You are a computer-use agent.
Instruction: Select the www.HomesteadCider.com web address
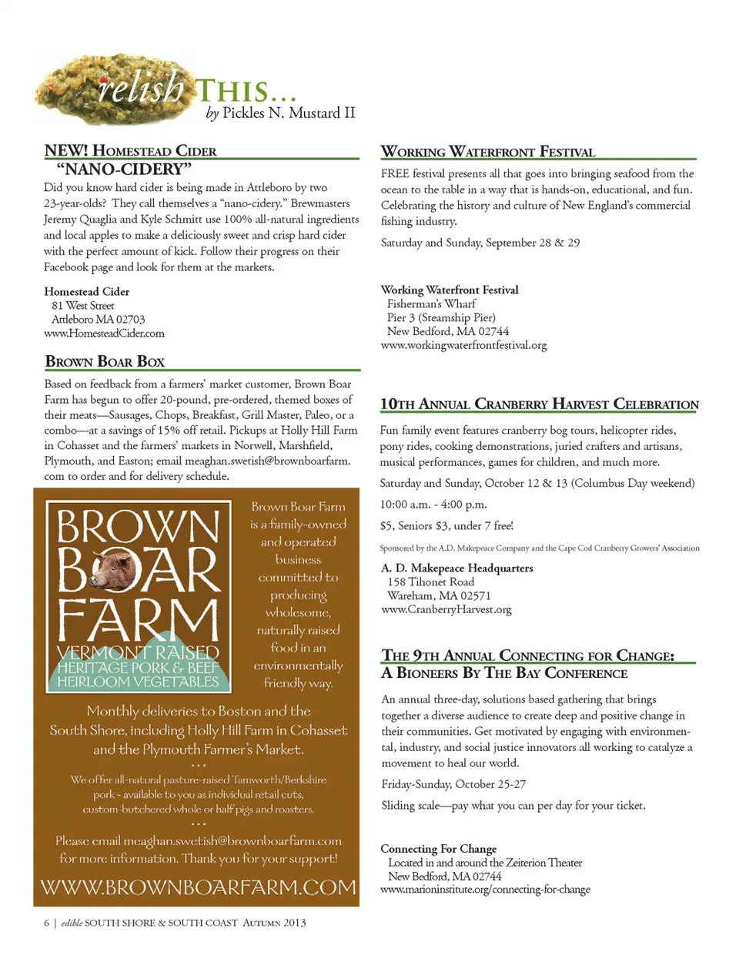104,334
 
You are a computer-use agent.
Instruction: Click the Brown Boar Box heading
105,361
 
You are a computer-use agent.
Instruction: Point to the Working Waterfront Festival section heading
488,152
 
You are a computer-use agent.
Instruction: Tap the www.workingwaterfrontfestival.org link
463,345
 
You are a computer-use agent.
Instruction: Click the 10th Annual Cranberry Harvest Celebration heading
539,404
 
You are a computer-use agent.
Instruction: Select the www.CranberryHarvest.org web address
446,609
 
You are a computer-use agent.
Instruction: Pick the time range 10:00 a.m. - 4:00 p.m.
433,505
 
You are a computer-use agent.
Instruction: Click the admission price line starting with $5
446,525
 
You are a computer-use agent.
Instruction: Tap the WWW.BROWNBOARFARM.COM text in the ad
198,887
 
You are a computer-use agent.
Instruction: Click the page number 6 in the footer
47,923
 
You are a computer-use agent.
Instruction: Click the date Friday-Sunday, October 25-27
453,784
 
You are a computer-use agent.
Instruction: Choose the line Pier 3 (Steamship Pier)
441,317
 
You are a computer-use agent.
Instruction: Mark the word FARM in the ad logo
139,619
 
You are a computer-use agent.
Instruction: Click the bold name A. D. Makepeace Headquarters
456,568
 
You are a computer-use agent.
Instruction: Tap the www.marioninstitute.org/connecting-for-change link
485,889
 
